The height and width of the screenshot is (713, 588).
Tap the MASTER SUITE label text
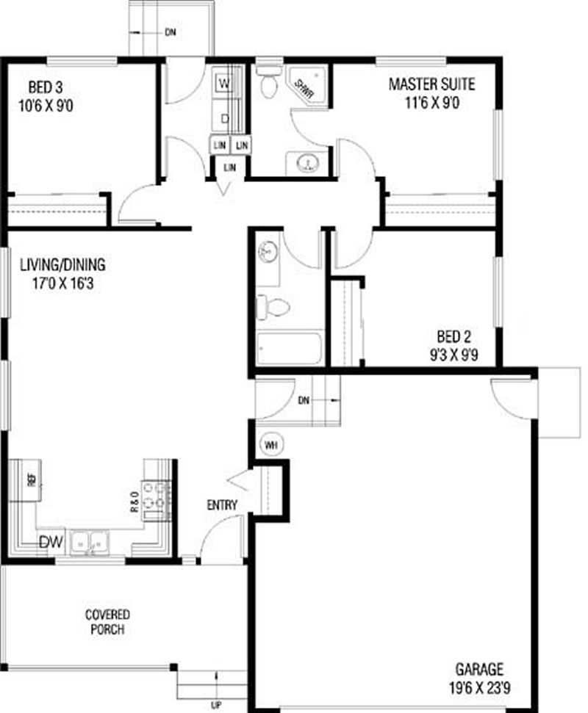431,84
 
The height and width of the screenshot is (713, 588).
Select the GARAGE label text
479,669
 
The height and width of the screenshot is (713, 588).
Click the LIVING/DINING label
63,265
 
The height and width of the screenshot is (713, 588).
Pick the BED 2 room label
453,337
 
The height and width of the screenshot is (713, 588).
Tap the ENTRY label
222,504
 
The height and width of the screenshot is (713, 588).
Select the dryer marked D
224,117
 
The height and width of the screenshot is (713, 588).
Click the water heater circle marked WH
270,444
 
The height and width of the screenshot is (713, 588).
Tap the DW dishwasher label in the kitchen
50,543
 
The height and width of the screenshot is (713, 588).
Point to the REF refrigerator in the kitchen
30,481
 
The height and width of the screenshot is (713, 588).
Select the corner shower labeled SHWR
308,86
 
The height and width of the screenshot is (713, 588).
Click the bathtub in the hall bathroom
290,348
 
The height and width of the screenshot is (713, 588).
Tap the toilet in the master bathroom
267,82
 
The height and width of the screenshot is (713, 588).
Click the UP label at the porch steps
216,706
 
